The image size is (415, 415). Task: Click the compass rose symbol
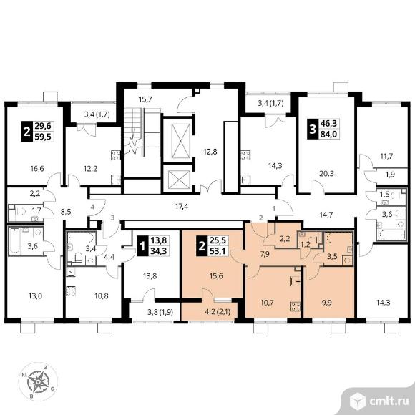pyautogui.click(x=38, y=381)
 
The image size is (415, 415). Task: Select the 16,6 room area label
pyautogui.click(x=37, y=168)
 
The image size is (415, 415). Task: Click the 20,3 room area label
pyautogui.click(x=326, y=174)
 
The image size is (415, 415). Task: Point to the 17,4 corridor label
pyautogui.click(x=182, y=206)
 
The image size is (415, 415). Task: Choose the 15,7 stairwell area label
pyautogui.click(x=145, y=99)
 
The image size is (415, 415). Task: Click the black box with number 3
pyautogui.click(x=313, y=130)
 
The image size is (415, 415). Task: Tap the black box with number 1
pyautogui.click(x=142, y=246)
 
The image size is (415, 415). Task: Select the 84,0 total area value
pyautogui.click(x=328, y=135)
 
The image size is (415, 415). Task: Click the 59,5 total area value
pyautogui.click(x=43, y=137)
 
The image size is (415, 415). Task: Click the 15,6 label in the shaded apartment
pyautogui.click(x=216, y=276)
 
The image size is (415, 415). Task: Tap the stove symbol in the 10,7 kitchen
pyautogui.click(x=296, y=306)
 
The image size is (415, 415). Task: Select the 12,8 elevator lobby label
pyautogui.click(x=210, y=152)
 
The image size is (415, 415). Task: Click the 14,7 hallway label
pyautogui.click(x=326, y=215)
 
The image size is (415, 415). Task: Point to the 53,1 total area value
pyautogui.click(x=218, y=251)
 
